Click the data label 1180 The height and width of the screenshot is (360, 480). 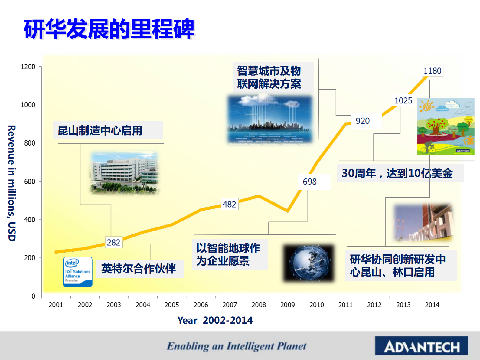tap(432, 71)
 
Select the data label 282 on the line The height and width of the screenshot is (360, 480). tap(114, 242)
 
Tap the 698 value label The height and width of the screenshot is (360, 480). tap(310, 182)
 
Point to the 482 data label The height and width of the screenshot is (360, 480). tap(229, 204)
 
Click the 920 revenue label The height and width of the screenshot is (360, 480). tap(363, 121)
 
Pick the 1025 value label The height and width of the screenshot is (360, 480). tap(403, 100)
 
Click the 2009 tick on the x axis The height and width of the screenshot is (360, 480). tap(287, 305)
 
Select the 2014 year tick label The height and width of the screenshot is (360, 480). tap(432, 305)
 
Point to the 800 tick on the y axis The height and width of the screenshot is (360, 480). tap(30, 143)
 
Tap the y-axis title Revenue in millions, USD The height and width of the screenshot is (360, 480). tap(11, 183)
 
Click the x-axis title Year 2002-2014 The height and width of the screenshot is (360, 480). tap(215, 320)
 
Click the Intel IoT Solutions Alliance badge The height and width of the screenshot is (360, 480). tap(78, 272)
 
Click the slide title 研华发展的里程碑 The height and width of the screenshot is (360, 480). tap(109, 29)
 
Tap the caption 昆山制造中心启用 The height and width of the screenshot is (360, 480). tap(100, 130)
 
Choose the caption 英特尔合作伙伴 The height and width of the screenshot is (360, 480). tap(139, 268)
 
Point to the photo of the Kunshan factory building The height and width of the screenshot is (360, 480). tap(124, 172)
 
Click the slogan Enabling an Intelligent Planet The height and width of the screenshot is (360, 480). tap(237, 346)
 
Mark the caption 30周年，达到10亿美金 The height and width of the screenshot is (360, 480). tap(397, 173)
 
